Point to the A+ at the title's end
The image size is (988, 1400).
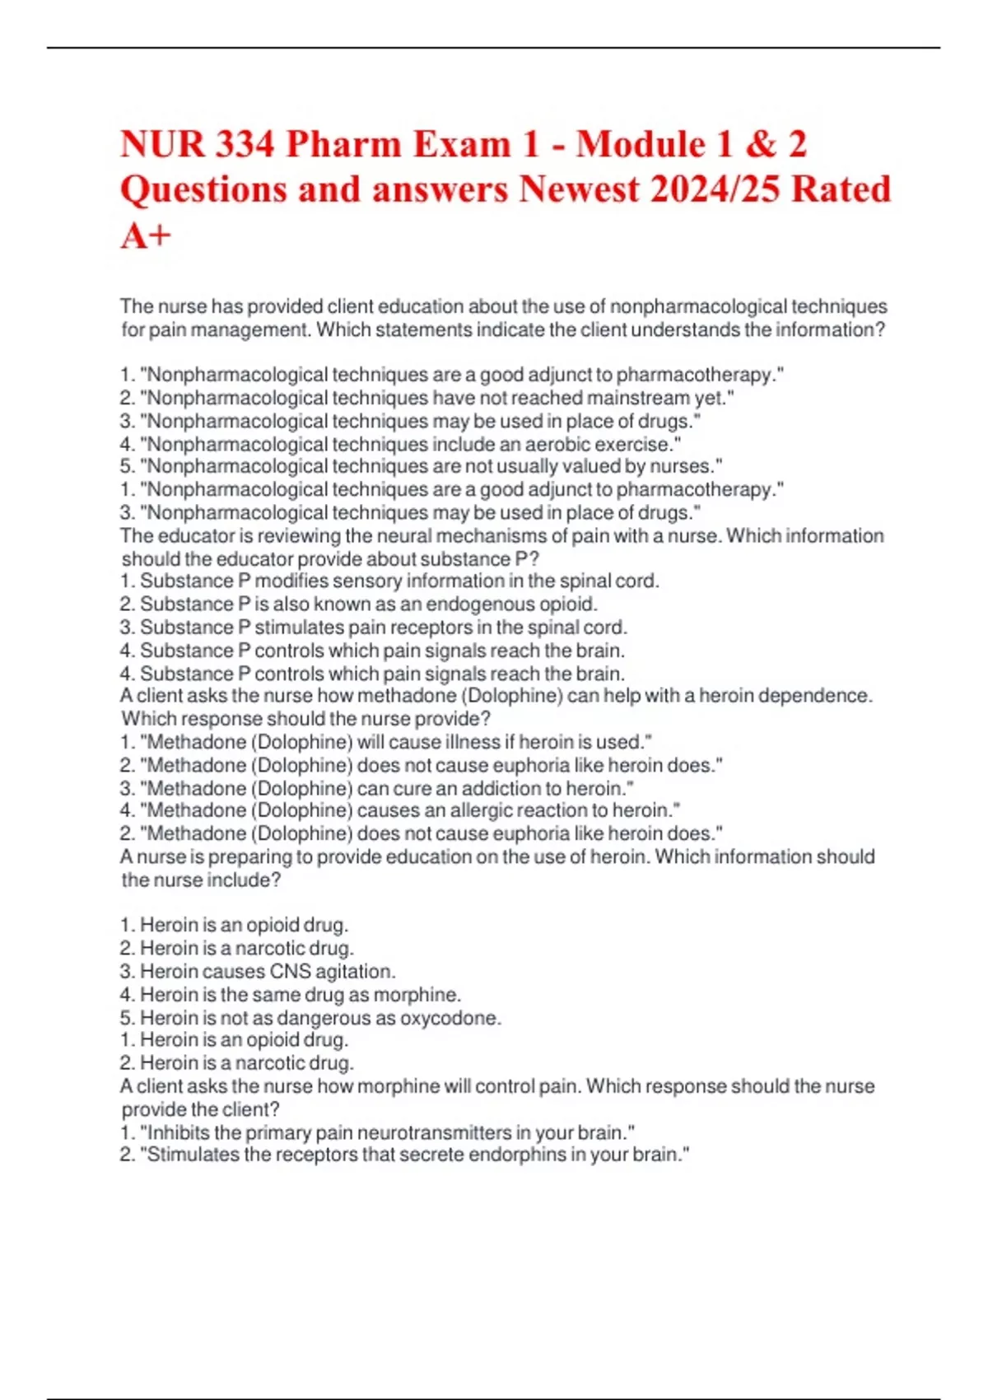click(146, 236)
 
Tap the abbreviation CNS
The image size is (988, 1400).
click(291, 972)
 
